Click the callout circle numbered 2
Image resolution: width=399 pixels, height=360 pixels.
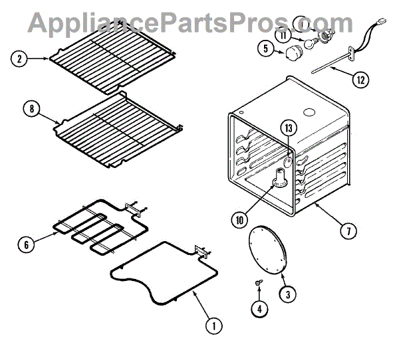(20, 59)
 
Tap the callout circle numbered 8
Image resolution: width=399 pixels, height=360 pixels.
(31, 109)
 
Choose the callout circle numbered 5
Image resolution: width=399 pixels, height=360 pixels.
(265, 49)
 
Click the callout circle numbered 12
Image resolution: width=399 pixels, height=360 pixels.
(360, 81)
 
